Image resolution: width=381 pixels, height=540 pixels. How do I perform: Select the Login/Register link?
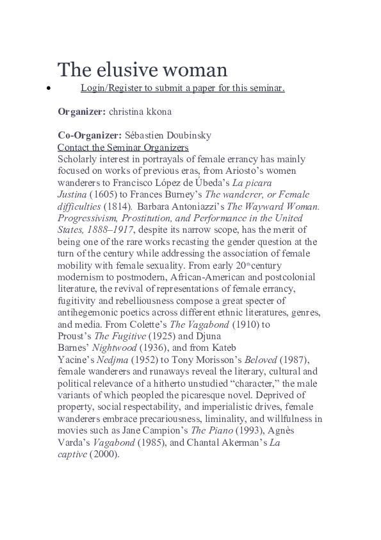pos(182,87)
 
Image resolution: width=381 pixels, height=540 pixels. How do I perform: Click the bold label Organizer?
pos(82,111)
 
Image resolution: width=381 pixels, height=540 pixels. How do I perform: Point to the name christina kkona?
pos(140,111)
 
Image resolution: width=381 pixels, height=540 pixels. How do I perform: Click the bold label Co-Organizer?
pos(90,135)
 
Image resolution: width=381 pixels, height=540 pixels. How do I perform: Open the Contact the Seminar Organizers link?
pos(123,147)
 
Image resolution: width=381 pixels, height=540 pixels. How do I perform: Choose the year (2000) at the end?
pos(104,454)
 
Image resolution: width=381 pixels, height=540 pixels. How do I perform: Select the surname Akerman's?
pos(236,443)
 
